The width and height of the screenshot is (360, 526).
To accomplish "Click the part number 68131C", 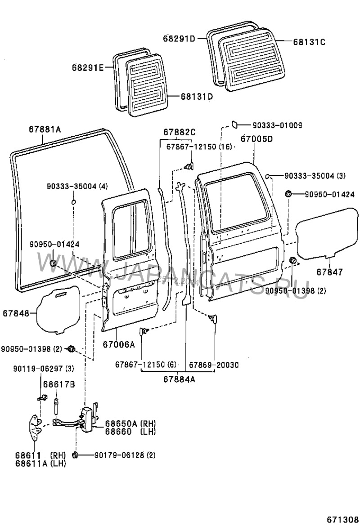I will tap(309, 42).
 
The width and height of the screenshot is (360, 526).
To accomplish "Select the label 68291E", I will tap(87, 68).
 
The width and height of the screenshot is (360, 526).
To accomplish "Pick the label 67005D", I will tap(256, 139).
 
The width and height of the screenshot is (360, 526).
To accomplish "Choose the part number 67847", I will tap(329, 272).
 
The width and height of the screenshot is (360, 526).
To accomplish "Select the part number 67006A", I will tap(118, 344).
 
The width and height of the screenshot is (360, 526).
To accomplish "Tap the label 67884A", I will tap(179, 378).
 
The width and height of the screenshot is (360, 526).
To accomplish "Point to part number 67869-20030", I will tap(213, 365).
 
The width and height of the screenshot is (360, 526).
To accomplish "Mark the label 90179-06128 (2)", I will tap(125, 455).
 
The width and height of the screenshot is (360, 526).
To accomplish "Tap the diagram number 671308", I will tap(342, 518).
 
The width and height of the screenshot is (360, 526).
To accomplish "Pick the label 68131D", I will tap(197, 96).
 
